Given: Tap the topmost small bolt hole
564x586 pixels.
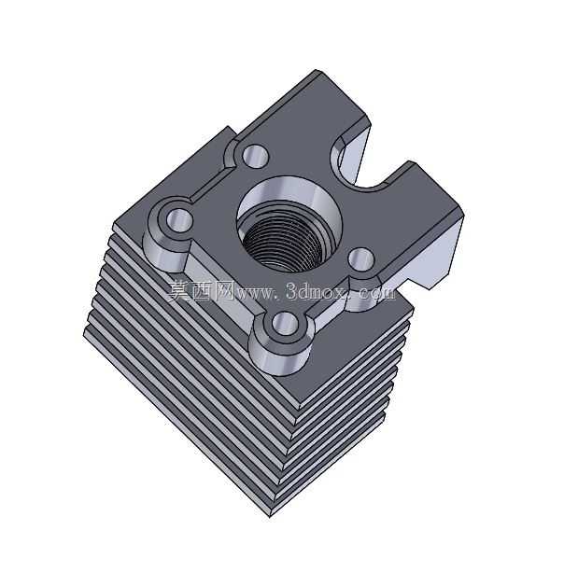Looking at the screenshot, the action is coord(256,157).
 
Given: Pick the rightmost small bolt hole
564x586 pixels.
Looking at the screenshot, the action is coord(361,258).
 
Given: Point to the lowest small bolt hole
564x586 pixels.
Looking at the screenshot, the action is coord(285,323).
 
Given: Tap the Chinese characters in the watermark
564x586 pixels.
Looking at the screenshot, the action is coord(201,290).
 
